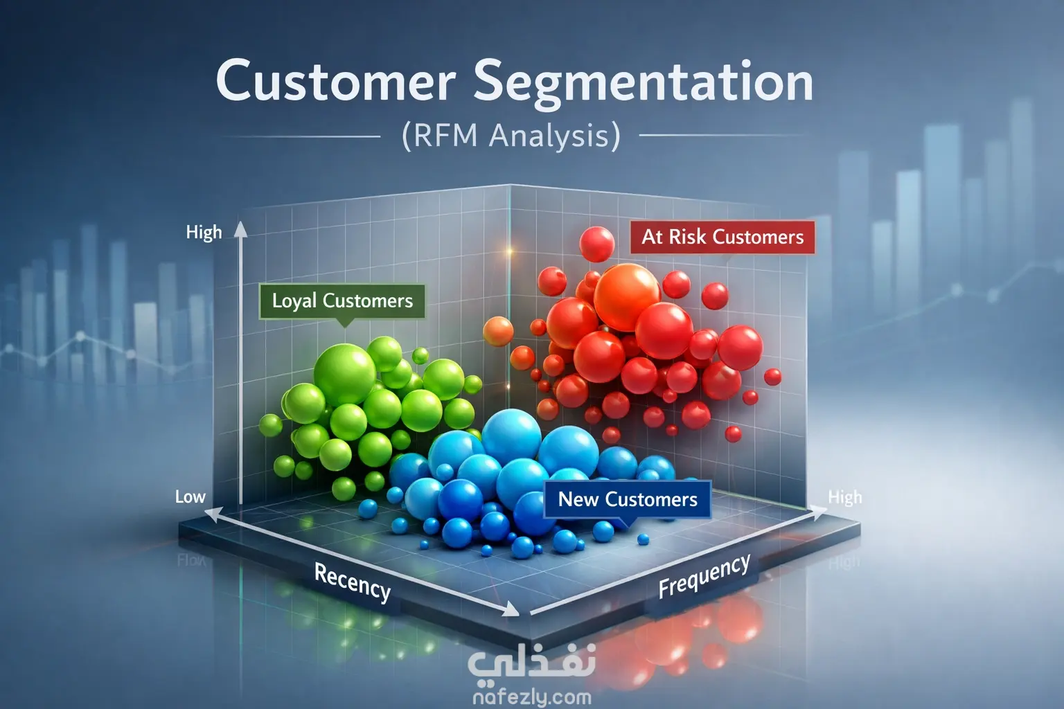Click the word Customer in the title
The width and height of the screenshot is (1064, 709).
(335, 82)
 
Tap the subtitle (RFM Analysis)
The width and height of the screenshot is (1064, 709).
(511, 135)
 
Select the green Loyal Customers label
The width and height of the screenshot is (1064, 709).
(342, 300)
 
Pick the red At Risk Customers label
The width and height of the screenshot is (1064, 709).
(722, 237)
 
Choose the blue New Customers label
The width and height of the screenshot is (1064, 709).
(628, 499)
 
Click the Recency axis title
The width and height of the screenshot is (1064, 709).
(352, 582)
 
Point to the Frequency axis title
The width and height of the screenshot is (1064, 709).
(704, 576)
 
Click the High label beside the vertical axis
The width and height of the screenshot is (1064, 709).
(204, 232)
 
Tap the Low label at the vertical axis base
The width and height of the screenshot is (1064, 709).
(190, 496)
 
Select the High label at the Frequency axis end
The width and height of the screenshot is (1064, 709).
(845, 497)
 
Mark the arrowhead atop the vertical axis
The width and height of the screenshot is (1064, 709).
(240, 229)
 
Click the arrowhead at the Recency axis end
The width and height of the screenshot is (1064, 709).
(511, 609)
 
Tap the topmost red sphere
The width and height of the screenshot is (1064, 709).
(596, 244)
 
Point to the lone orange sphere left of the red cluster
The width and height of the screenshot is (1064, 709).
(498, 331)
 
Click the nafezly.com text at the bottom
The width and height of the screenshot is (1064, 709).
(531, 697)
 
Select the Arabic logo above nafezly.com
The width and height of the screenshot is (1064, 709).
(531, 662)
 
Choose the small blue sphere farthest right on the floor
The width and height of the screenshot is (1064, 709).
(643, 539)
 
